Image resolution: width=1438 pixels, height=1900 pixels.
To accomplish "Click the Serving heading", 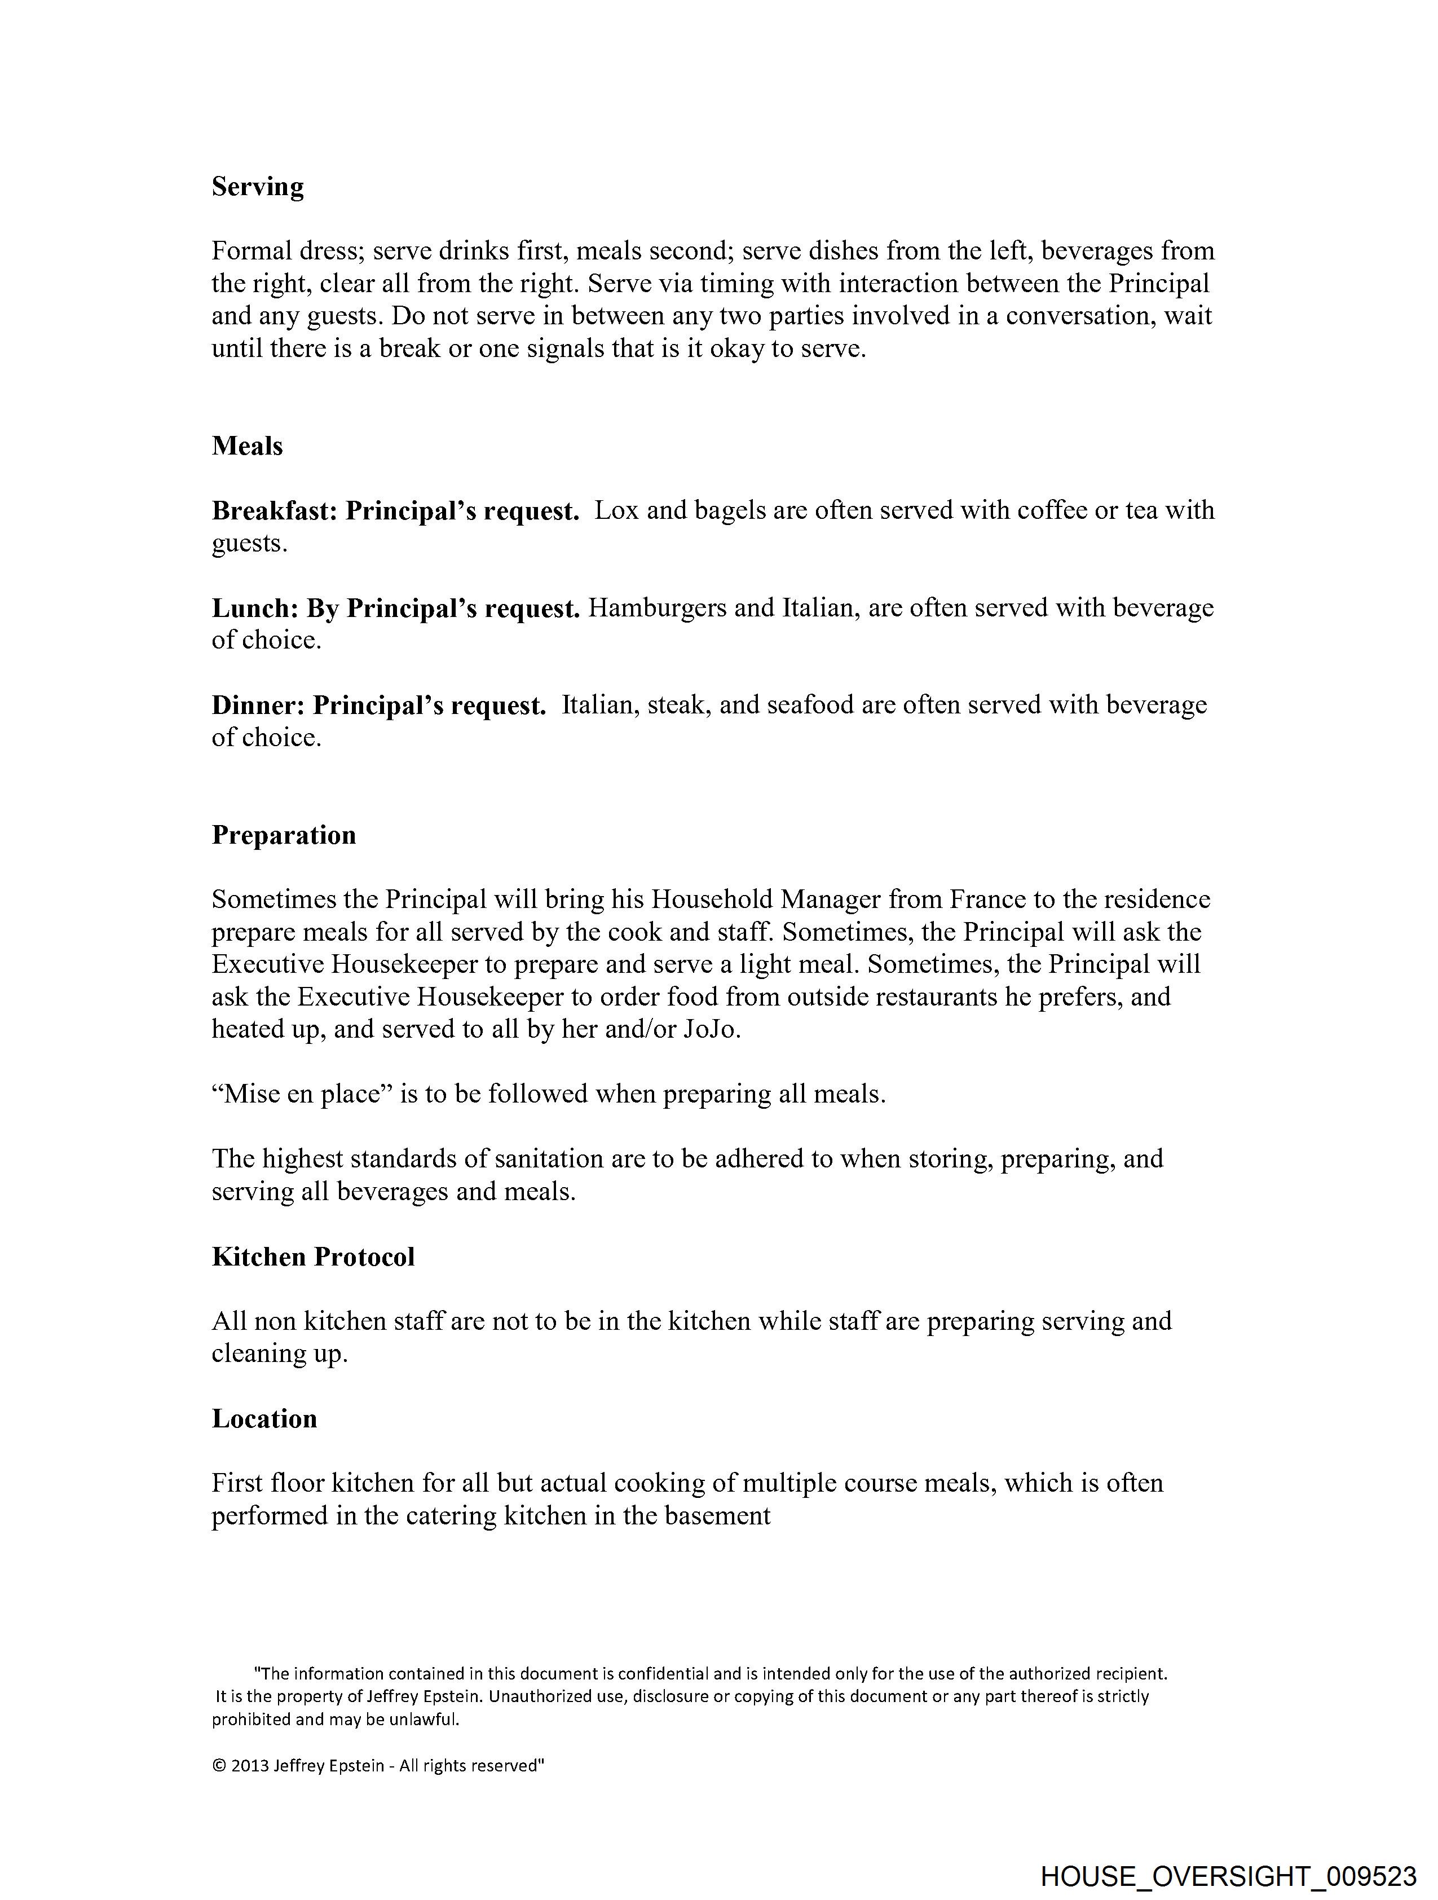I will tap(258, 187).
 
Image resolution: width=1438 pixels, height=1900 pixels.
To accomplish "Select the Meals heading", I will tap(248, 446).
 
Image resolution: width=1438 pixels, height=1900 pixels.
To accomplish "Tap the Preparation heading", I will tap(284, 835).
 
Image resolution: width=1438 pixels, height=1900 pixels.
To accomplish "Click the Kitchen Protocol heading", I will tap(312, 1257).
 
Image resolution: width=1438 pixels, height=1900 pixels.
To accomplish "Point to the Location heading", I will tap(264, 1418).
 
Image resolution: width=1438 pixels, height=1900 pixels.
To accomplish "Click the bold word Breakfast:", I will tap(275, 511).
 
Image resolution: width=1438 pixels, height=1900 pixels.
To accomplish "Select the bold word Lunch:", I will tap(255, 608).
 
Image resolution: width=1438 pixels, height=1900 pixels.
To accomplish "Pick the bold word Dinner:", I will tap(259, 705).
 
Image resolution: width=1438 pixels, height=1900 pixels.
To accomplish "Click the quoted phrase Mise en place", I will tap(302, 1094).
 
